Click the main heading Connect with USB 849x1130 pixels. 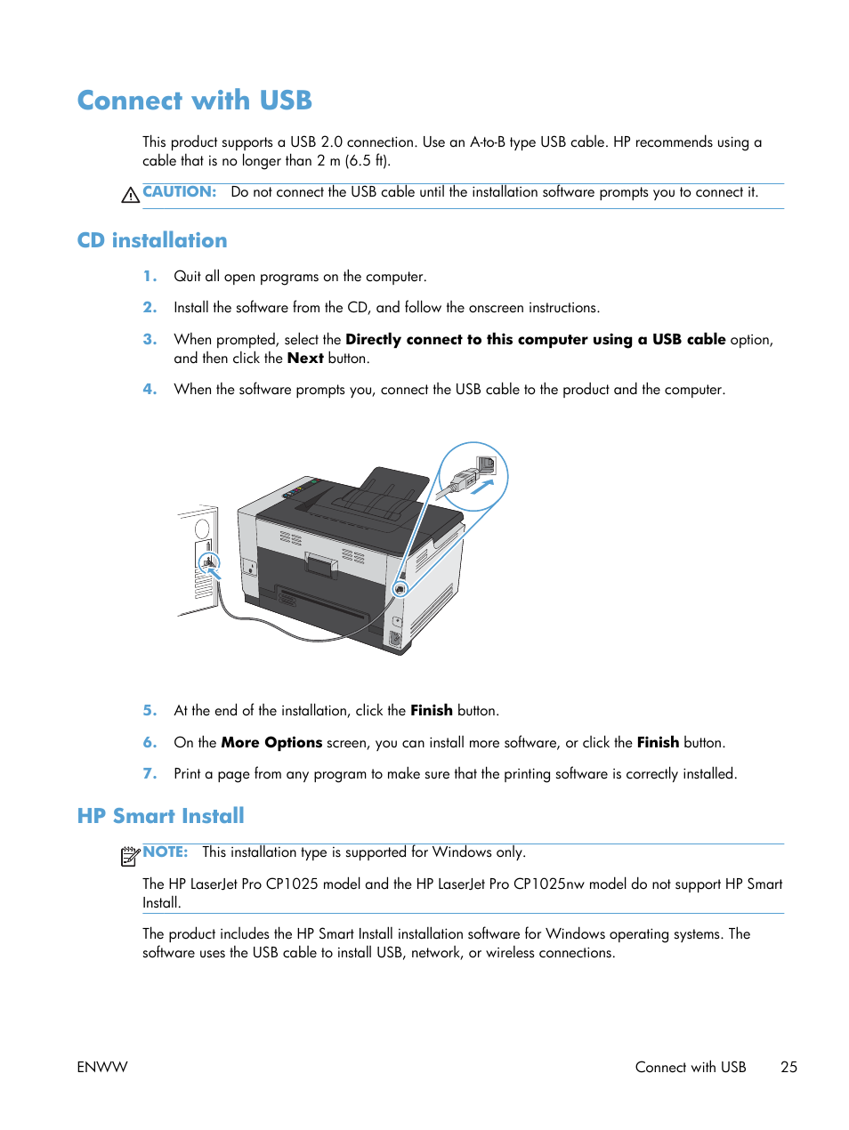(194, 101)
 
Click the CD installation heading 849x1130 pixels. (152, 240)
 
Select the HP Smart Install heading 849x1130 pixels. (160, 816)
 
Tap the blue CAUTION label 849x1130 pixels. (179, 191)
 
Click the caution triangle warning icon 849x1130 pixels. (130, 195)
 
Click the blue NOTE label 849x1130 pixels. (166, 852)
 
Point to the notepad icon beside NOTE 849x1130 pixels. (130, 856)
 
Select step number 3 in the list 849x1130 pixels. (150, 339)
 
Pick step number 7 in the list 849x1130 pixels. (150, 773)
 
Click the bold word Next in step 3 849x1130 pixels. (305, 358)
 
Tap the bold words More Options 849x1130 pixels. (271, 742)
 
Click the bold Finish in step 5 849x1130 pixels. (431, 710)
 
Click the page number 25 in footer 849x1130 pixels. (788, 1067)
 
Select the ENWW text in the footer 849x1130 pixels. (102, 1067)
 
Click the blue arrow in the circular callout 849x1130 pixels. (481, 487)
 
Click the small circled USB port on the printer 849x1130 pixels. (400, 589)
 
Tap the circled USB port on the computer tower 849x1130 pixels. (209, 561)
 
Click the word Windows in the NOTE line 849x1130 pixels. (462, 852)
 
